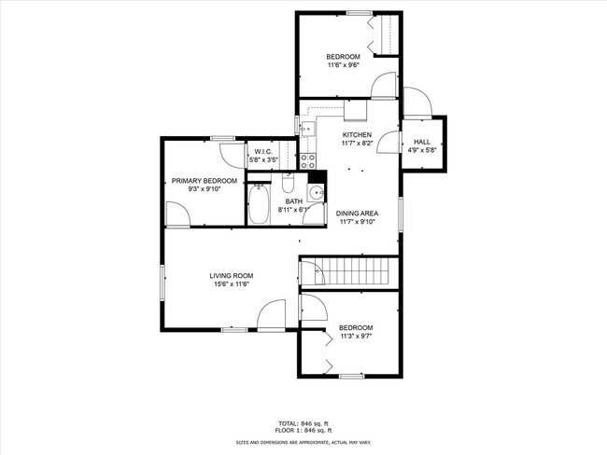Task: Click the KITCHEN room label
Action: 357,135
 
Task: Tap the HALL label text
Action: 422,142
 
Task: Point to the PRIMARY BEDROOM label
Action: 204,180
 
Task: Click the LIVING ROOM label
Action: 231,276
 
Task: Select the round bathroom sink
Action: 317,194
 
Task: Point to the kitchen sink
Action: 306,128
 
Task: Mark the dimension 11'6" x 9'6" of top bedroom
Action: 343,65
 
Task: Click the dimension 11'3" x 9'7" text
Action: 356,338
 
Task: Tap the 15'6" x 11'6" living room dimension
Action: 231,286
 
